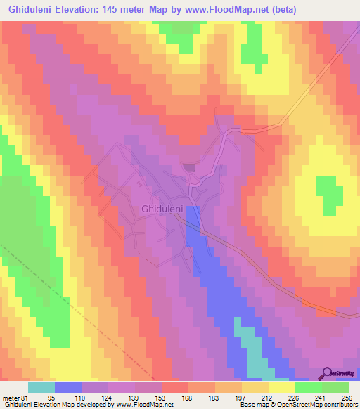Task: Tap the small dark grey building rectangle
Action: point(189,167)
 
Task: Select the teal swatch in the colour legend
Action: point(41,387)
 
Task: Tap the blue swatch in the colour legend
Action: point(68,387)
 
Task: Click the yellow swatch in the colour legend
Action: point(282,387)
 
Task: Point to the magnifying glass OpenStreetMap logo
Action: point(328,373)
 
